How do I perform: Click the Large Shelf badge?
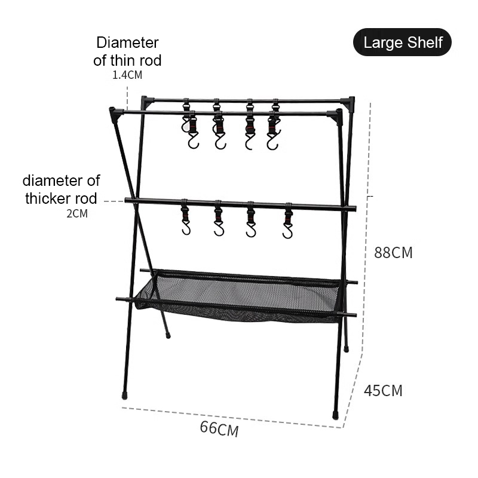click(x=402, y=42)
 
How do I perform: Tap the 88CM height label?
click(x=393, y=253)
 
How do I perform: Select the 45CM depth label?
click(x=383, y=391)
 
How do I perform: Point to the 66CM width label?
click(x=219, y=428)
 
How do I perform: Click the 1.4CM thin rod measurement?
click(x=127, y=75)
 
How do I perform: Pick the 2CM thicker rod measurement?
click(x=77, y=213)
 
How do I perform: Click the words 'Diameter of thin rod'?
click(x=127, y=51)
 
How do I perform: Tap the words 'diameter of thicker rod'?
click(x=62, y=189)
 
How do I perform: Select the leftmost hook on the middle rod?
click(x=186, y=222)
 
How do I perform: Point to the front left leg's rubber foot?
click(x=125, y=396)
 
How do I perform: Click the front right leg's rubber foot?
click(x=336, y=413)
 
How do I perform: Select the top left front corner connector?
click(x=114, y=112)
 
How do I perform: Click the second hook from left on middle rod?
click(x=219, y=222)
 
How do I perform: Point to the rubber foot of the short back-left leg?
click(x=168, y=335)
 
